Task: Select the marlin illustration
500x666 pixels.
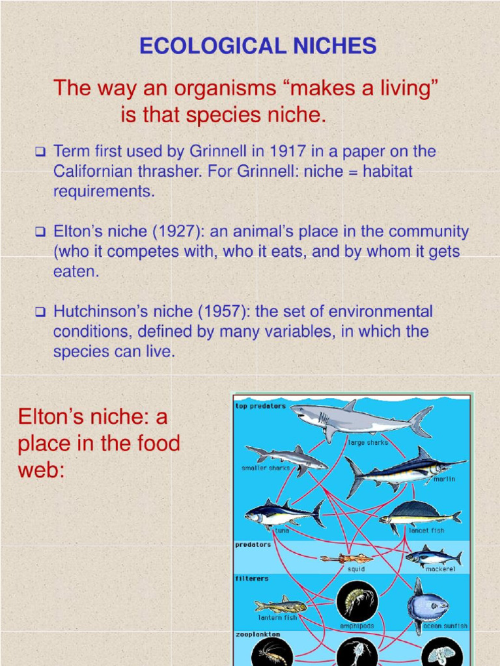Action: [x=404, y=470]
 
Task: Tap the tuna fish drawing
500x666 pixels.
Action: [x=284, y=514]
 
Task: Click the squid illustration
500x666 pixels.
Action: [x=346, y=558]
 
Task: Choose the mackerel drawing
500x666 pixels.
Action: [x=433, y=556]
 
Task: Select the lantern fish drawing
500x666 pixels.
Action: [x=280, y=606]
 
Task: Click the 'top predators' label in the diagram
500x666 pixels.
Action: [x=260, y=406]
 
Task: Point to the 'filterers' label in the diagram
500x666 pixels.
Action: [x=251, y=578]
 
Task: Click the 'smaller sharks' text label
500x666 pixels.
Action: [x=266, y=468]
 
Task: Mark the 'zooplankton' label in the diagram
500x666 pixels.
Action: [x=258, y=633]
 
